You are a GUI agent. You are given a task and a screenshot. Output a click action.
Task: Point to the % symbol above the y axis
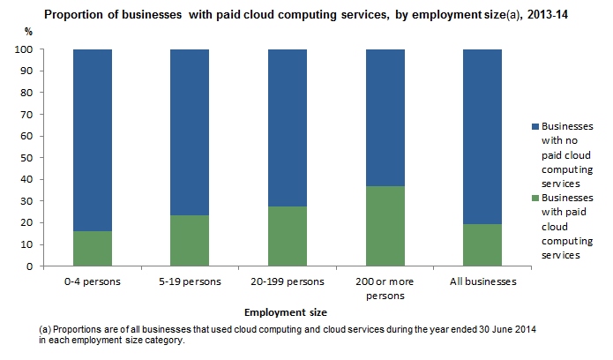pyautogui.click(x=27, y=32)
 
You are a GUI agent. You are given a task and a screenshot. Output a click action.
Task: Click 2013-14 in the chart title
pyautogui.click(x=544, y=13)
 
